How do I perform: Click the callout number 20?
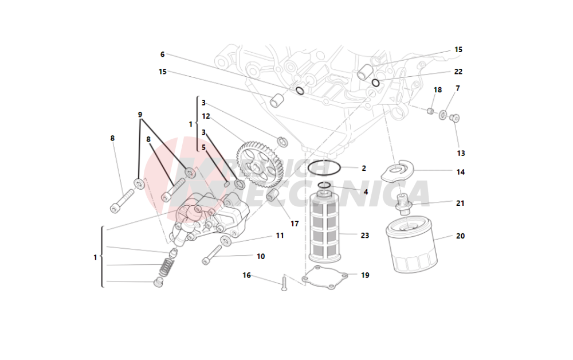(460, 236)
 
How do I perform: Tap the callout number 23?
(364, 235)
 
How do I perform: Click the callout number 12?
(206, 116)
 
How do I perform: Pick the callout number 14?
(460, 171)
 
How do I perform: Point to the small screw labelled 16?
(284, 283)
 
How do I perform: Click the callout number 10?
(261, 256)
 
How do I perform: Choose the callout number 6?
(162, 54)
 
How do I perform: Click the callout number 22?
(458, 72)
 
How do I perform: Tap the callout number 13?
(461, 153)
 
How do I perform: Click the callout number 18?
(438, 90)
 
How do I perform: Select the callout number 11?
(280, 235)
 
